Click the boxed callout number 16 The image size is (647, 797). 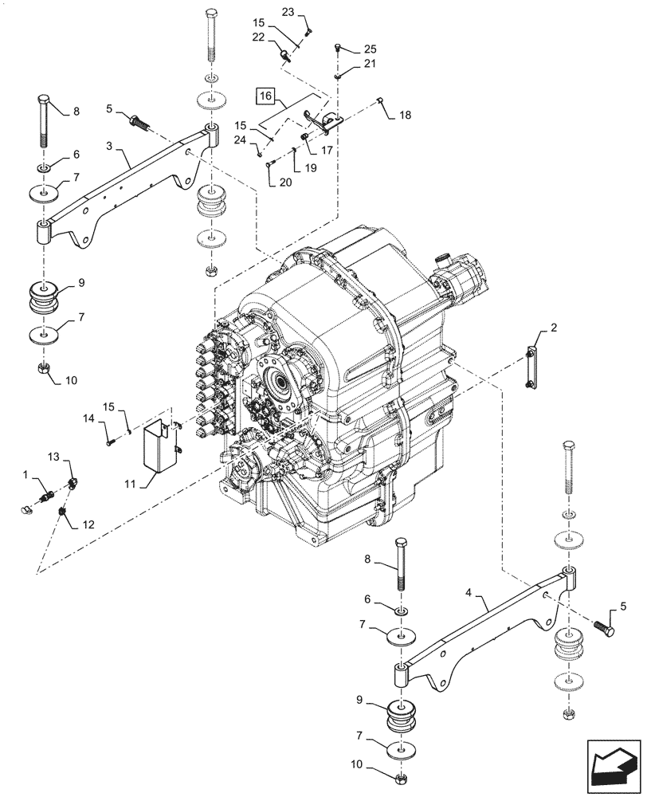266,97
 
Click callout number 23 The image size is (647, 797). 288,12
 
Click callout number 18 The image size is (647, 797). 406,115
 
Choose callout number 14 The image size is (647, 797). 89,418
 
